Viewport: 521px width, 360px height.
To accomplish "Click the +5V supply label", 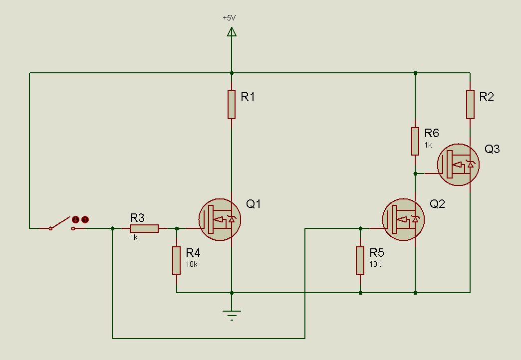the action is (229, 18).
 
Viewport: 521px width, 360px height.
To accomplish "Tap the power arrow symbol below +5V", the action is (232, 32).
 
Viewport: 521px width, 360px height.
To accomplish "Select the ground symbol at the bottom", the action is (232, 315).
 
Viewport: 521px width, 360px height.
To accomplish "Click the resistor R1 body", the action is (232, 105).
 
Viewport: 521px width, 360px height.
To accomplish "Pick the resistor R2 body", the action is (470, 105).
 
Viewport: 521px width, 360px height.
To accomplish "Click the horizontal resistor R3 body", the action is (144, 228).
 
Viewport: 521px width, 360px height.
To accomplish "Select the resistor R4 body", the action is (177, 260).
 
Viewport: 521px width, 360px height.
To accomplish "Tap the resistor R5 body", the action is (360, 260).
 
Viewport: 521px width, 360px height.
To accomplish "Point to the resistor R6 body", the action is (415, 141).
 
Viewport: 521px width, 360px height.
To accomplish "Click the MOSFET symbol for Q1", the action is (220, 219).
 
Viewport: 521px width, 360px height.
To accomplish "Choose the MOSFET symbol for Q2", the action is (403, 219).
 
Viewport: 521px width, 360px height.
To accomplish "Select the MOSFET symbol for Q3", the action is (458, 165).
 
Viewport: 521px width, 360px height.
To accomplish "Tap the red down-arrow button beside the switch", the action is (76, 219).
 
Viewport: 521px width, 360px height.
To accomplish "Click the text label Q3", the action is (492, 149).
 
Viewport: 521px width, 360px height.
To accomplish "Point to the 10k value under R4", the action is (192, 264).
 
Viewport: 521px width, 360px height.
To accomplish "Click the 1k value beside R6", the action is (428, 145).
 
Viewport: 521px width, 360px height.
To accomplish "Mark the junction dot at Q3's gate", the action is (415, 174).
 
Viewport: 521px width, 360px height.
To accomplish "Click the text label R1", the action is (248, 97).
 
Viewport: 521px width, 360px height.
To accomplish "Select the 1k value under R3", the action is (134, 237).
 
